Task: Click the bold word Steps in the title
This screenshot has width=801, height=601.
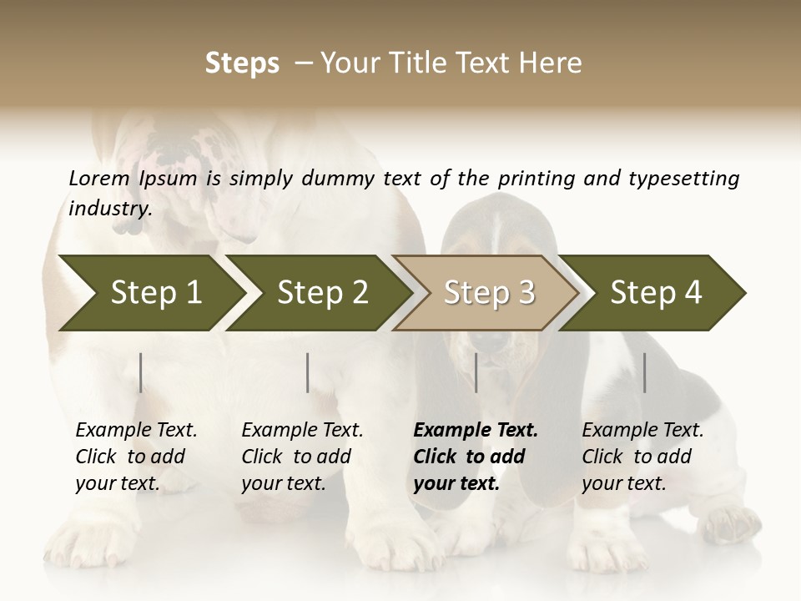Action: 242,63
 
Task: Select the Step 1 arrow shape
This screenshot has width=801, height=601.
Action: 150,293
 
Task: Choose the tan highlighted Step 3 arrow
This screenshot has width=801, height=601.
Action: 488,293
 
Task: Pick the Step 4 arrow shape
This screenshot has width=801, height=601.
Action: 656,293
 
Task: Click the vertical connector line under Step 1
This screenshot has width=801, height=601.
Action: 141,372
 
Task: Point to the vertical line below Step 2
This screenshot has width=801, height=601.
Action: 308,372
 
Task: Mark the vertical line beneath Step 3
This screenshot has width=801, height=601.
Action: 476,372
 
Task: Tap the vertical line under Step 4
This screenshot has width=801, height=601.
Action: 644,372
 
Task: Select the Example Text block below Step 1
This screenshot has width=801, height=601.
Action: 136,457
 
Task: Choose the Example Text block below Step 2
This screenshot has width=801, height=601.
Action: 302,457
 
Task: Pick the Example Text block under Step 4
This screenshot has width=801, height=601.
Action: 642,457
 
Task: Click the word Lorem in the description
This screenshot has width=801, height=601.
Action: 99,178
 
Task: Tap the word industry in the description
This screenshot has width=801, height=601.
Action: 110,209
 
